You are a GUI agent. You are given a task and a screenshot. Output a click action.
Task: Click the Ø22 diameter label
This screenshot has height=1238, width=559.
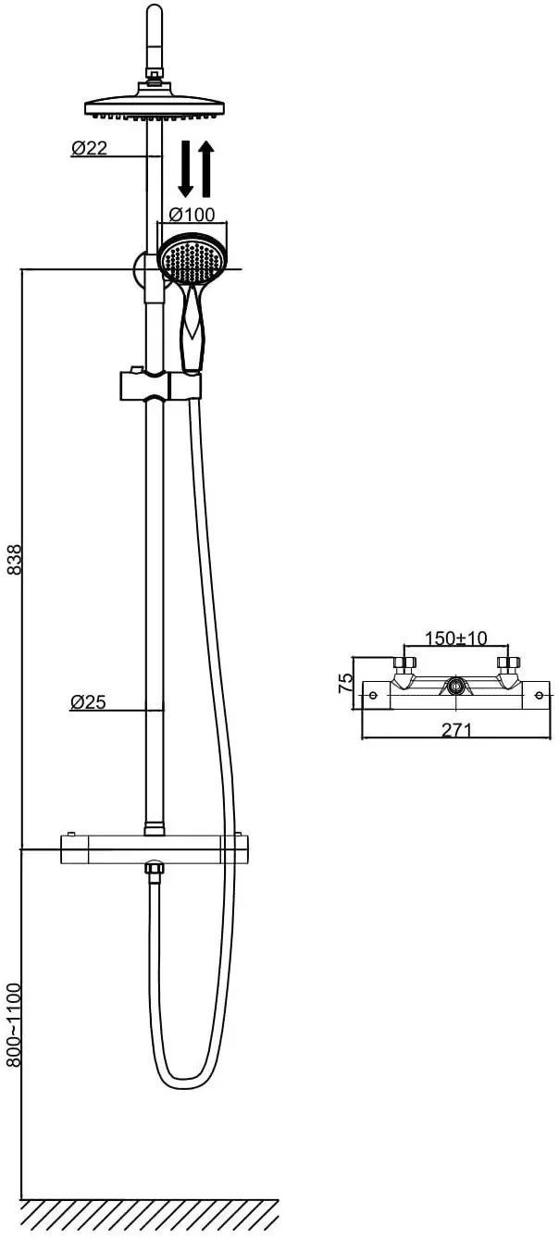pos(89,148)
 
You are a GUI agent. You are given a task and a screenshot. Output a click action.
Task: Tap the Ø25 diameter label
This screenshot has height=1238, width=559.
pos(88,702)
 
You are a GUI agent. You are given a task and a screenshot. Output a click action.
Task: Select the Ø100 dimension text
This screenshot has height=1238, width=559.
pos(192,215)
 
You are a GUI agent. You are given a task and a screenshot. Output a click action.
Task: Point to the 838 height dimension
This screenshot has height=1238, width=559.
pos(15,559)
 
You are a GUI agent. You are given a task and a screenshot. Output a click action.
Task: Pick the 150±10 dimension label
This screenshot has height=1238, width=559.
pos(455,638)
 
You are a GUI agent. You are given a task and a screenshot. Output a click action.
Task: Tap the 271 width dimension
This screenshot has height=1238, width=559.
pos(456,730)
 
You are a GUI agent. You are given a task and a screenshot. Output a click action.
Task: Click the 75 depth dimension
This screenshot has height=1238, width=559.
pos(345,683)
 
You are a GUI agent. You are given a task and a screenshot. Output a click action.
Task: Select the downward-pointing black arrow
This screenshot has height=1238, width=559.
pos(186,168)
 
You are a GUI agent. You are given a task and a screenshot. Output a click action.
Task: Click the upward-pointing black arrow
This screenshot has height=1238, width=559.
pos(206,168)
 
